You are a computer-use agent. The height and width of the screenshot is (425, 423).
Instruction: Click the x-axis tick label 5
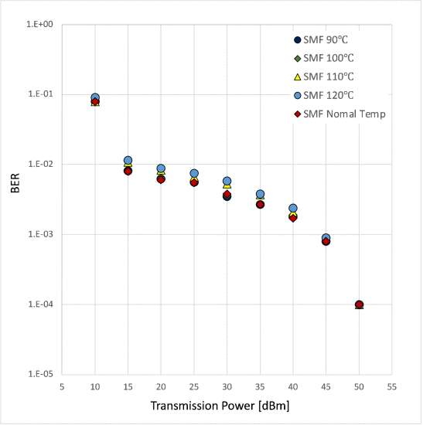coord(62,385)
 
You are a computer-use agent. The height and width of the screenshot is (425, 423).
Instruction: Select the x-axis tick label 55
coord(392,385)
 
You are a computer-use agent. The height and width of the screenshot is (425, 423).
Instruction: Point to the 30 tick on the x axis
coord(227,385)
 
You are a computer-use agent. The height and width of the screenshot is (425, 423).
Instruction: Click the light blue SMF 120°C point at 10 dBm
coord(95,98)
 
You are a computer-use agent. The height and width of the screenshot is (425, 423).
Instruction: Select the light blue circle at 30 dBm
coord(227,181)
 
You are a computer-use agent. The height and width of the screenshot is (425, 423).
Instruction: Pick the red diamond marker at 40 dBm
coord(293,218)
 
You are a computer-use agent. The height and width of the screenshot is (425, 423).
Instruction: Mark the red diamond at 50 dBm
coord(359,304)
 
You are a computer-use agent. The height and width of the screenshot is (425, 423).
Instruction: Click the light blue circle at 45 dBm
coord(326,238)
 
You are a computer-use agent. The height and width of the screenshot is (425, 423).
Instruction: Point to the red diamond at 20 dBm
coord(161,179)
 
